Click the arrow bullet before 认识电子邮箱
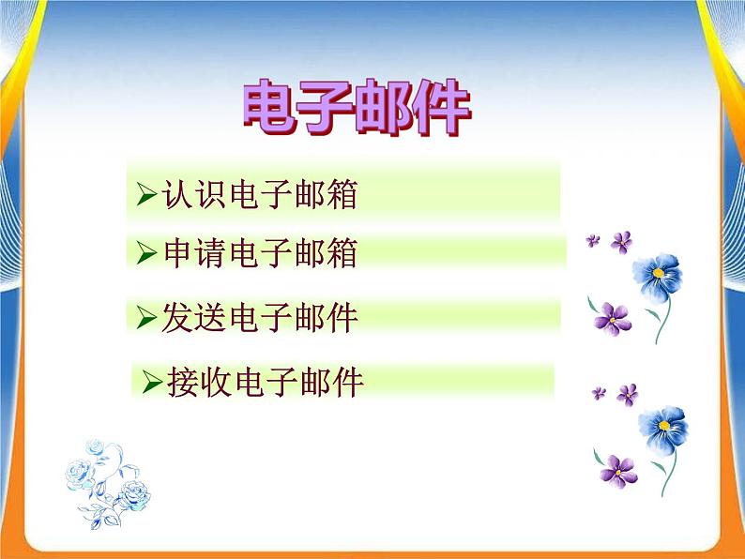point(145,194)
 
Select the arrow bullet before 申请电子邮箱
point(145,253)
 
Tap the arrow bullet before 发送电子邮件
point(145,318)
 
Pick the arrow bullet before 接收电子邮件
point(152,382)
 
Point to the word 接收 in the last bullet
point(200,382)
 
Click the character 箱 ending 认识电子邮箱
point(342,193)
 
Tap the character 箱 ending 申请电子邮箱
point(342,253)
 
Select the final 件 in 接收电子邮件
point(346,382)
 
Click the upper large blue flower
point(658,278)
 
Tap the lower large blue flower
point(663,430)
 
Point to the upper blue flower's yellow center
point(660,273)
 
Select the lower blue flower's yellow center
point(665,425)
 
